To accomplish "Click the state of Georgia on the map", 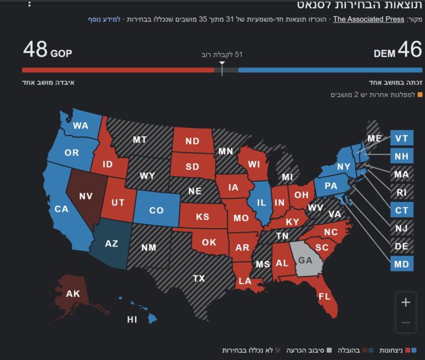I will (x=305, y=259).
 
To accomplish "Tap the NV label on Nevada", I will (x=86, y=196).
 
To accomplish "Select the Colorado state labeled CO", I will (x=157, y=210).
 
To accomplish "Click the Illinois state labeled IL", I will (x=261, y=203).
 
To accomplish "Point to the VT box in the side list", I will (x=401, y=138).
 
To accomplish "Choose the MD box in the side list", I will (x=401, y=264).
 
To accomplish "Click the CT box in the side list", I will (x=401, y=210).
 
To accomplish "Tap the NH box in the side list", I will (x=401, y=156).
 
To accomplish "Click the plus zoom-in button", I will (x=406, y=302).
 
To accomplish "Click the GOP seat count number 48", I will (x=35, y=50).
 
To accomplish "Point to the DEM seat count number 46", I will (x=410, y=50).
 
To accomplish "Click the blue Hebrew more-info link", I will (x=104, y=19).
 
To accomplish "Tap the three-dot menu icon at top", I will (x=29, y=4).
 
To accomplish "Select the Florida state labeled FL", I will (x=324, y=296).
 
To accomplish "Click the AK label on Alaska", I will (x=73, y=294).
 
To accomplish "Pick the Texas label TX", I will (x=199, y=279).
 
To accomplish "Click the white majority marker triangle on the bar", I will (x=222, y=64).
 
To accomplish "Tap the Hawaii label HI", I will (x=132, y=320).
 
